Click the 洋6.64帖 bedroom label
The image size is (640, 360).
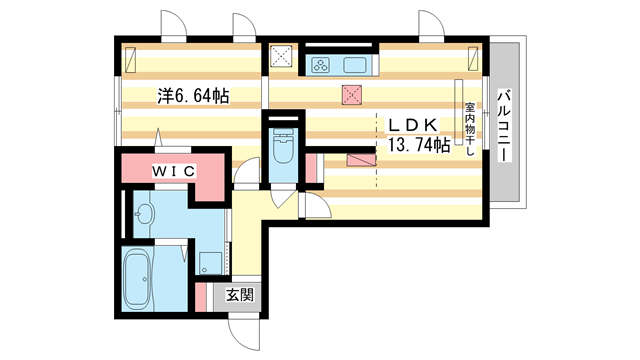coord(193,96)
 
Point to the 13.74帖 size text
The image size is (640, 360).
coord(413,145)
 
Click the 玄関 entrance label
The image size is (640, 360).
coord(239,295)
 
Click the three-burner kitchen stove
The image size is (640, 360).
coord(321,66)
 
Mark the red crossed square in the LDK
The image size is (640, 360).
coord(351,96)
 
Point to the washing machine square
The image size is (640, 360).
coord(209,263)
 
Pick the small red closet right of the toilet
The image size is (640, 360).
coord(311,167)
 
